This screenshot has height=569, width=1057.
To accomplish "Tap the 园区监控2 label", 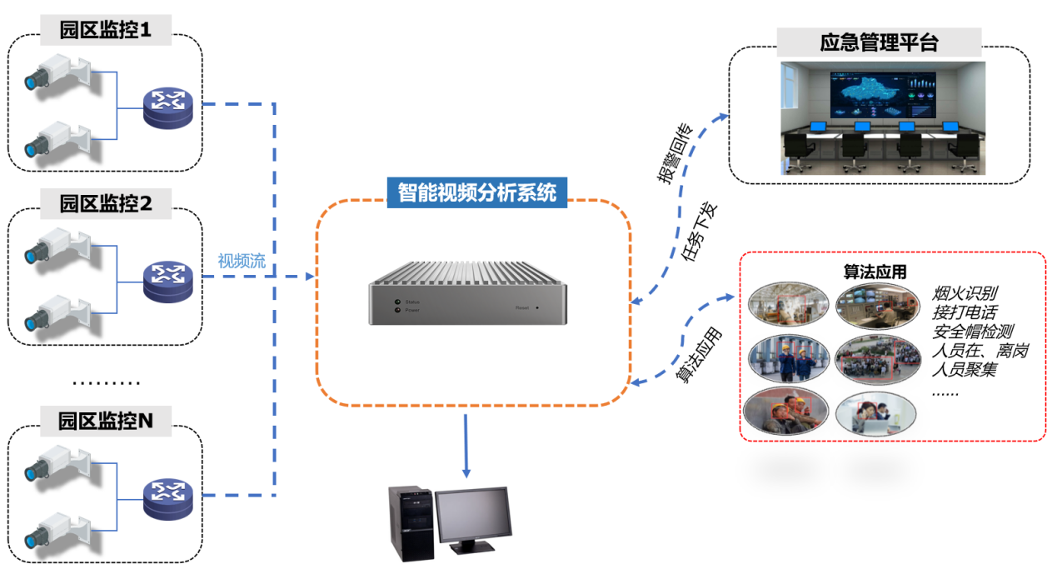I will tap(106, 203).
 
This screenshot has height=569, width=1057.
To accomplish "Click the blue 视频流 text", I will tap(242, 260).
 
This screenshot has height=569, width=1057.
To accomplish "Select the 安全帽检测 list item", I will tap(973, 332).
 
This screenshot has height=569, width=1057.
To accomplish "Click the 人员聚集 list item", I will tap(964, 370).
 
